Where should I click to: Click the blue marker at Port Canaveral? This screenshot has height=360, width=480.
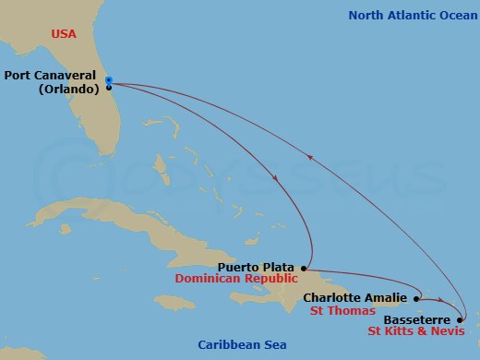point(108,80)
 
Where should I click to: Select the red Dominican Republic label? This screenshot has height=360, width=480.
point(254,278)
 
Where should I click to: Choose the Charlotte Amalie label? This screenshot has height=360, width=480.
point(355,298)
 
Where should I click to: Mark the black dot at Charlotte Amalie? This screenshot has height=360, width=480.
point(417,298)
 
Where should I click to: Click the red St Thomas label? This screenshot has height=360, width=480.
point(336,312)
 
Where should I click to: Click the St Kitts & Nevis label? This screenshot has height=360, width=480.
point(412,330)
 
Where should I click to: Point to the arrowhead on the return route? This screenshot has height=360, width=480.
point(310,158)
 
